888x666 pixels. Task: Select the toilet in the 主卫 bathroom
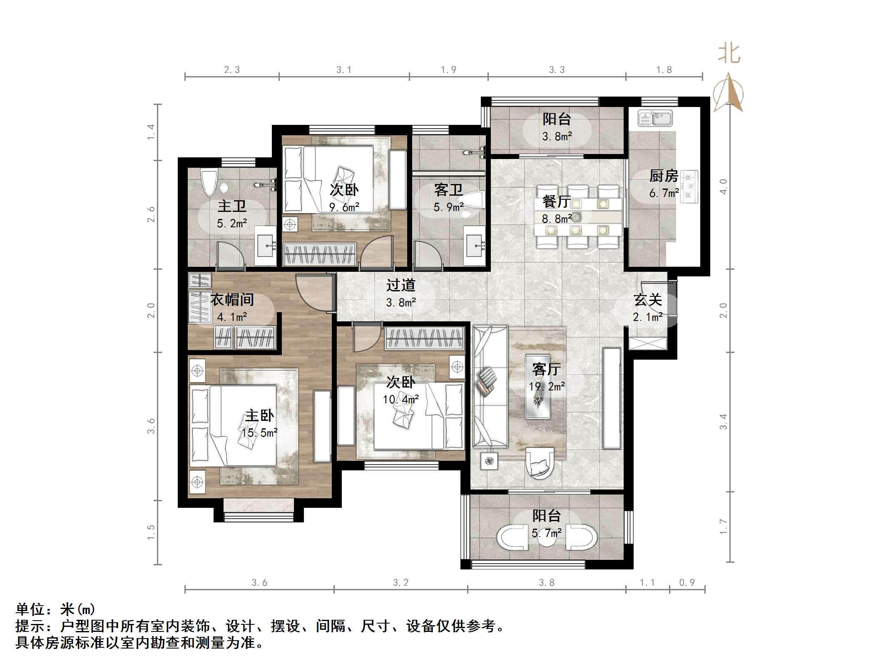(x=209, y=182)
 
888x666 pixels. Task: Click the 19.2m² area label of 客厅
(x=547, y=387)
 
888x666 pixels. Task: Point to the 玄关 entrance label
(x=648, y=300)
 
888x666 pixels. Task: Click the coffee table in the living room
(x=538, y=387)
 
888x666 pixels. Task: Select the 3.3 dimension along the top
(x=557, y=70)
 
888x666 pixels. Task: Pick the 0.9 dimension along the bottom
(x=687, y=583)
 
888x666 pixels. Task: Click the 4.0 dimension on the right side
(x=724, y=186)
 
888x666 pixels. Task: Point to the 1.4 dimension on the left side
(x=151, y=132)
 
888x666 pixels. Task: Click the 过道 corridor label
(x=400, y=285)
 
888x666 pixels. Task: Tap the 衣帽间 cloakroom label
(x=232, y=300)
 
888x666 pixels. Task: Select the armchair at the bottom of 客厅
(x=540, y=462)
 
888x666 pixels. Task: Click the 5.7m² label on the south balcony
(x=547, y=533)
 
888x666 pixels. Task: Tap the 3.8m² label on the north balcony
(x=557, y=137)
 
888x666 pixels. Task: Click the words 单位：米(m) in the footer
(x=56, y=609)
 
